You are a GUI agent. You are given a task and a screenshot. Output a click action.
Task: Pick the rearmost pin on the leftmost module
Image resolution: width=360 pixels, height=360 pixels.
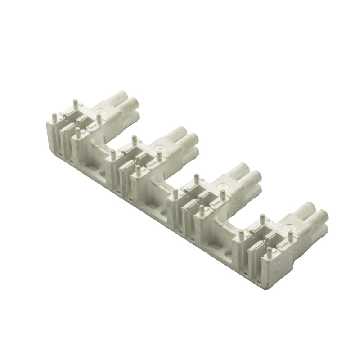75,103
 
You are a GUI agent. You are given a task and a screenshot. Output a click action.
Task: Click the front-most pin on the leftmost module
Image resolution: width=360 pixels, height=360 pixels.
78,131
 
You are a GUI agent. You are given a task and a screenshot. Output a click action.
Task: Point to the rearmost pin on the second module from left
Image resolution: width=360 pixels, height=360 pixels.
134,138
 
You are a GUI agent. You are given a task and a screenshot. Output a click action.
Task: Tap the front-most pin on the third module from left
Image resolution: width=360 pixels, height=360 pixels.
201,209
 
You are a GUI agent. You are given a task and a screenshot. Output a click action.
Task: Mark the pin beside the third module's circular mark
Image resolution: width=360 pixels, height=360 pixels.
197,177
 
